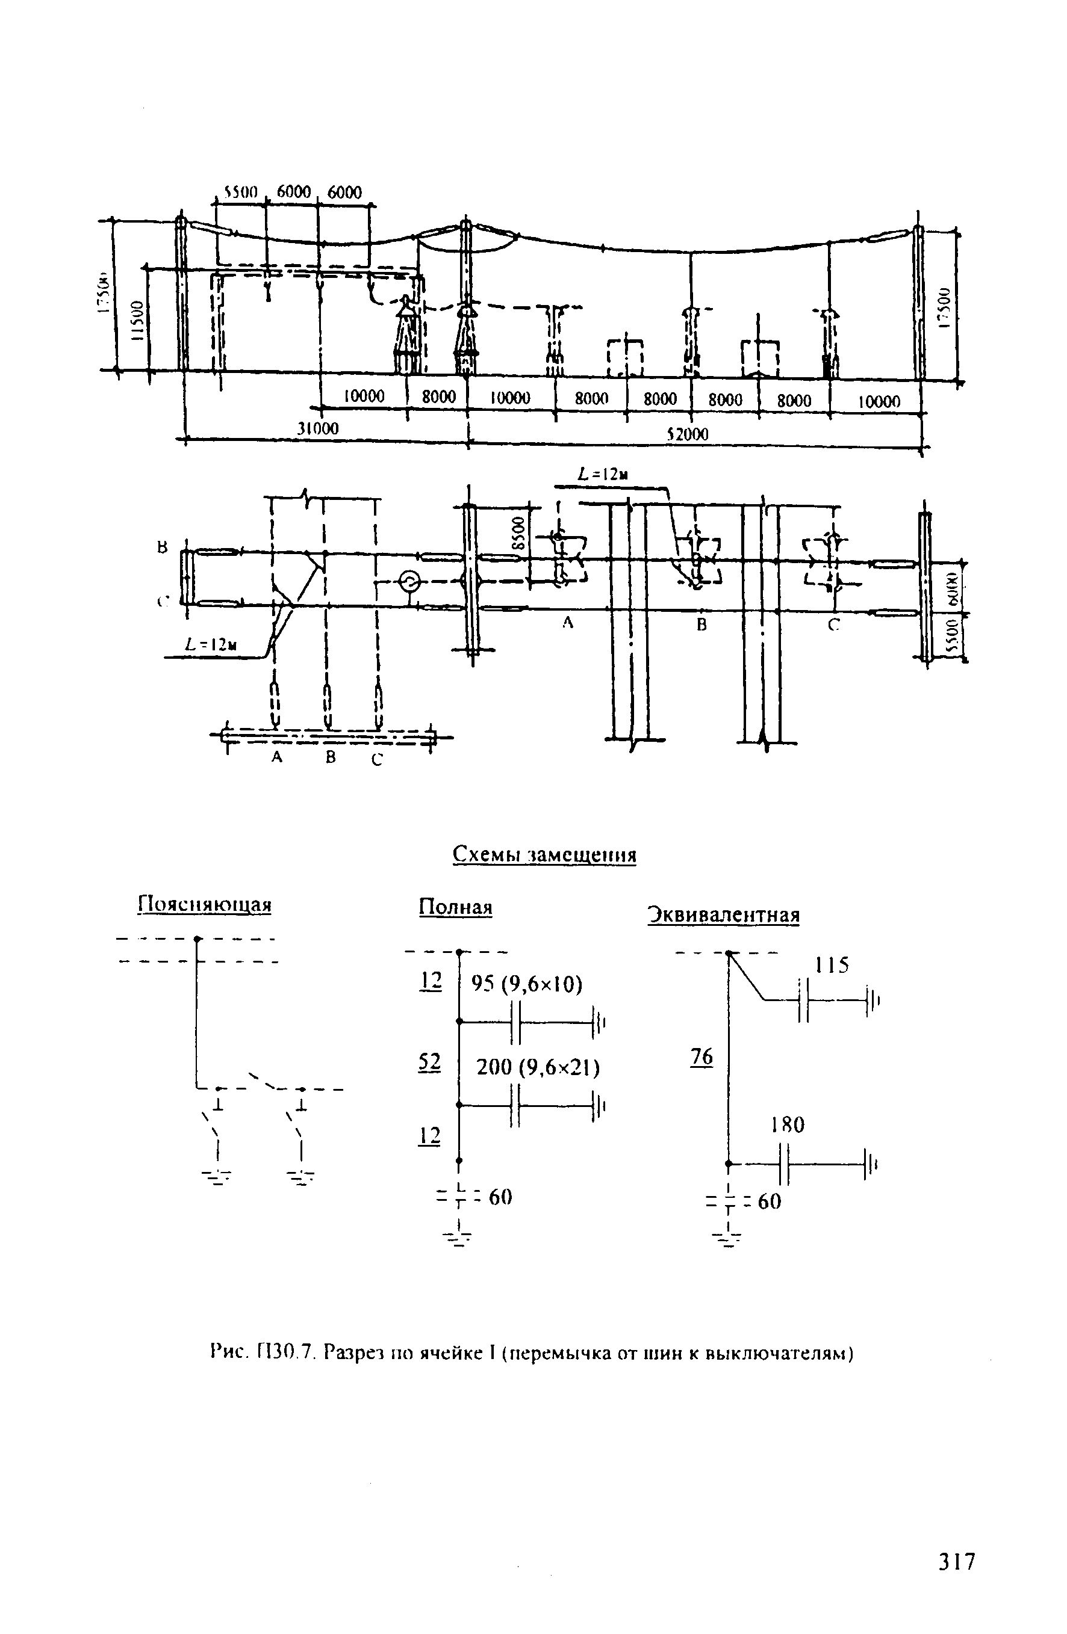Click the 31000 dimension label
[317, 428]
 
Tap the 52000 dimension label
[687, 434]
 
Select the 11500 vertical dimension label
[137, 319]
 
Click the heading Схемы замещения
[544, 855]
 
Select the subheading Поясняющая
[205, 904]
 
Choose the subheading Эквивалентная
[723, 915]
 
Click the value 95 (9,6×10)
[526, 984]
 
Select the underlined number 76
[701, 1056]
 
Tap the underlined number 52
[429, 1061]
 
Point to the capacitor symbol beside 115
[804, 1000]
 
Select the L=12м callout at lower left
[211, 645]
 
